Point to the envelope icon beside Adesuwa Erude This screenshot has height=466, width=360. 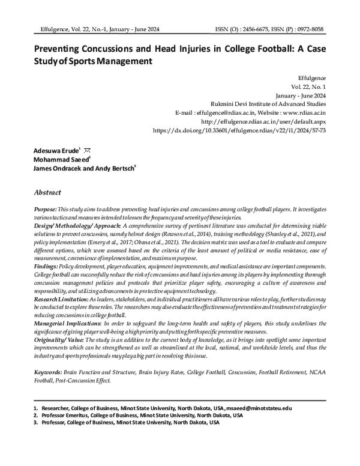[86, 148]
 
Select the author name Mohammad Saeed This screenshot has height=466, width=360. [61, 159]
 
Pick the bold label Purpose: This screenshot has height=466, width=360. [46, 207]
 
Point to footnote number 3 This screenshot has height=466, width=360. [35, 422]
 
